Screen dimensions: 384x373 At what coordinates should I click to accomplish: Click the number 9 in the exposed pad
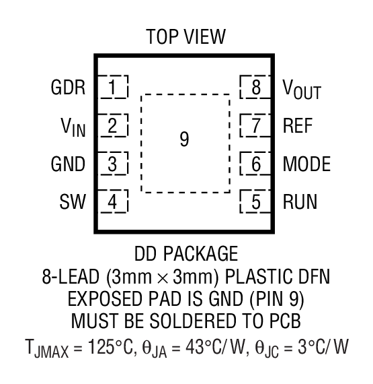pyautogui.click(x=185, y=139)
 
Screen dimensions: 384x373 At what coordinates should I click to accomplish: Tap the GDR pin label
pyautogui.click(x=67, y=88)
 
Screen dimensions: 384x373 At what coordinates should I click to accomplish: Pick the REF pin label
pyautogui.click(x=298, y=126)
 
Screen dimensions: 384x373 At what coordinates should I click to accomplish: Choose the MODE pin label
pyautogui.click(x=306, y=164)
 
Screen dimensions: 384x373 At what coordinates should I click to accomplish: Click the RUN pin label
pyautogui.click(x=300, y=203)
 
